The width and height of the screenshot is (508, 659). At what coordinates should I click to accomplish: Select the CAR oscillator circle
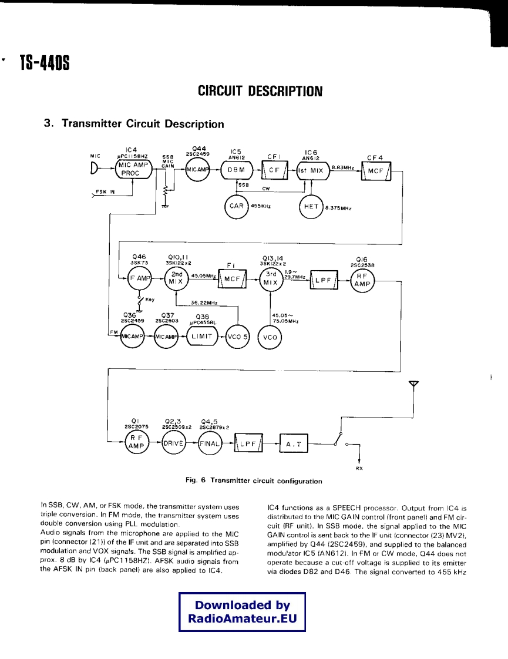[237, 206]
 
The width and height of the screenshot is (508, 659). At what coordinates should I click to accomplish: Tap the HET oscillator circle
[311, 206]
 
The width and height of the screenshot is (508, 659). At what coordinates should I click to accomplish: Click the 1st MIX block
[311, 170]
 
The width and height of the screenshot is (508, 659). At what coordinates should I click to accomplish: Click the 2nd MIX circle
[176, 278]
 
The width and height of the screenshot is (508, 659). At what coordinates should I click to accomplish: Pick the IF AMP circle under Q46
[140, 278]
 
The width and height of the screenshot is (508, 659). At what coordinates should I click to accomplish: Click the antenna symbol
[414, 385]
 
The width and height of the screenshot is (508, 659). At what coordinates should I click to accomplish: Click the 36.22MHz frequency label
[204, 303]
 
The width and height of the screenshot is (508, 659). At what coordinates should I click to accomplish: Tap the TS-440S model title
[45, 61]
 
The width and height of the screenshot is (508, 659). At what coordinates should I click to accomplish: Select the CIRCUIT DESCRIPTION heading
[260, 91]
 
